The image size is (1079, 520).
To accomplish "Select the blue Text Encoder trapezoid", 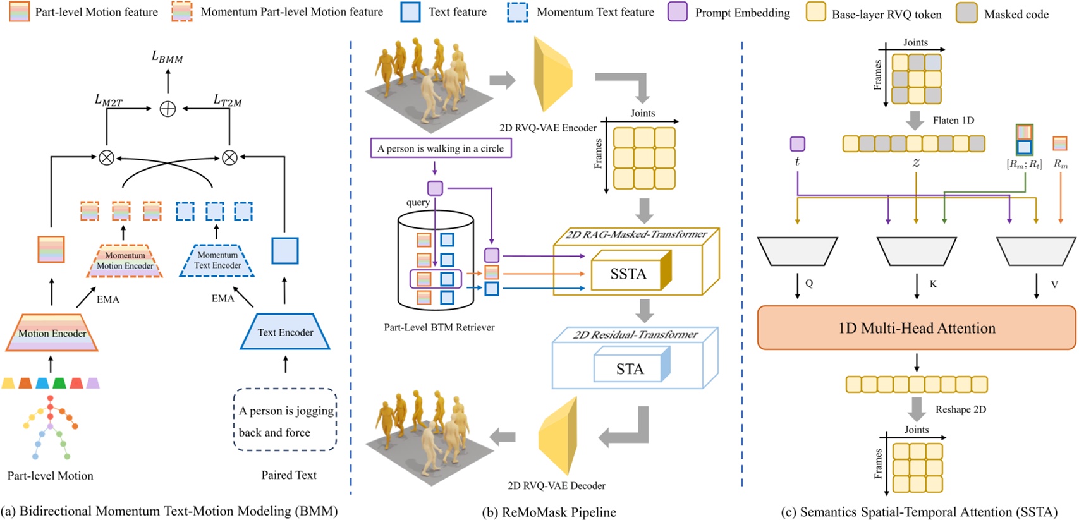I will click(285, 332).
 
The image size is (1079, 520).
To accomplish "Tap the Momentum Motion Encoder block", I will click(125, 261).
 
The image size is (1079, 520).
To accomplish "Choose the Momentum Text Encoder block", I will click(217, 260).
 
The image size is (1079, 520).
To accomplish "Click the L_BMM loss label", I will click(167, 57).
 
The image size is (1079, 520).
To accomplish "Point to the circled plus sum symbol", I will click(168, 109).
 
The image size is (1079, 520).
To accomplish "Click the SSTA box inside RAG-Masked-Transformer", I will click(628, 274).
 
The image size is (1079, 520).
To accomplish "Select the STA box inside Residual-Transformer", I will click(630, 369).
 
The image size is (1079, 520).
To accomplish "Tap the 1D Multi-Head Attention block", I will click(916, 328).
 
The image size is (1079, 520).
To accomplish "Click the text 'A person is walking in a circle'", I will click(441, 148).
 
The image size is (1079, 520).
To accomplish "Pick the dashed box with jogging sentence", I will click(285, 421).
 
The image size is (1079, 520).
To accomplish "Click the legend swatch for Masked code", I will click(966, 13).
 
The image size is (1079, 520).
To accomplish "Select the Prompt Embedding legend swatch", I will click(678, 12).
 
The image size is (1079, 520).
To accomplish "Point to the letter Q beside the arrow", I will click(809, 284).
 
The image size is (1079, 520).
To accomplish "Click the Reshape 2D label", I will click(960, 409).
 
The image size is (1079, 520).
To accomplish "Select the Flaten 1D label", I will click(953, 120).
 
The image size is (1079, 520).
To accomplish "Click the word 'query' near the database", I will click(418, 202).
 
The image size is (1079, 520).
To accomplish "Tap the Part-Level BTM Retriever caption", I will click(439, 327).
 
